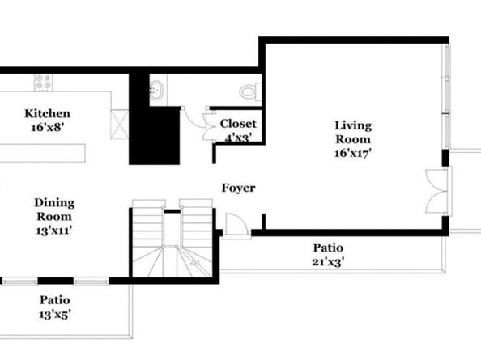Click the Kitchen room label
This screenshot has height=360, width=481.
point(47,114)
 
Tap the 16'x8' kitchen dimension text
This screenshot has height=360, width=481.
point(47,127)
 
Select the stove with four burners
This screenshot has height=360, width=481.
point(43,83)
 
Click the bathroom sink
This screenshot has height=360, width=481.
point(156,90)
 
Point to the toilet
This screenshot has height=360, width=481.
point(250,91)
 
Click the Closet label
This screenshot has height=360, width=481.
point(238,124)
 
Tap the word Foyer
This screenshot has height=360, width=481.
point(238,188)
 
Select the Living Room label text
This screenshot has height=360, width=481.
point(353,132)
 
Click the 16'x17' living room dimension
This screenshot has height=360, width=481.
point(353,153)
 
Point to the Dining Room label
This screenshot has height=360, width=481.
point(54,210)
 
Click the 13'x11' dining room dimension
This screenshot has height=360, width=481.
point(54,230)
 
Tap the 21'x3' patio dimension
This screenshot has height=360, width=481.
point(328,262)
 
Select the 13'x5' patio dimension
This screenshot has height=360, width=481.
point(55,314)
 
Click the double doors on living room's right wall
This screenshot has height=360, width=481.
point(439,191)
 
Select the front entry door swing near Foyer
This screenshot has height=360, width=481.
point(236,225)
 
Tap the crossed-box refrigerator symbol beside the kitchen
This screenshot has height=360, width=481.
point(119,125)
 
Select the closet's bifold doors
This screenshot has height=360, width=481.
point(209,126)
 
